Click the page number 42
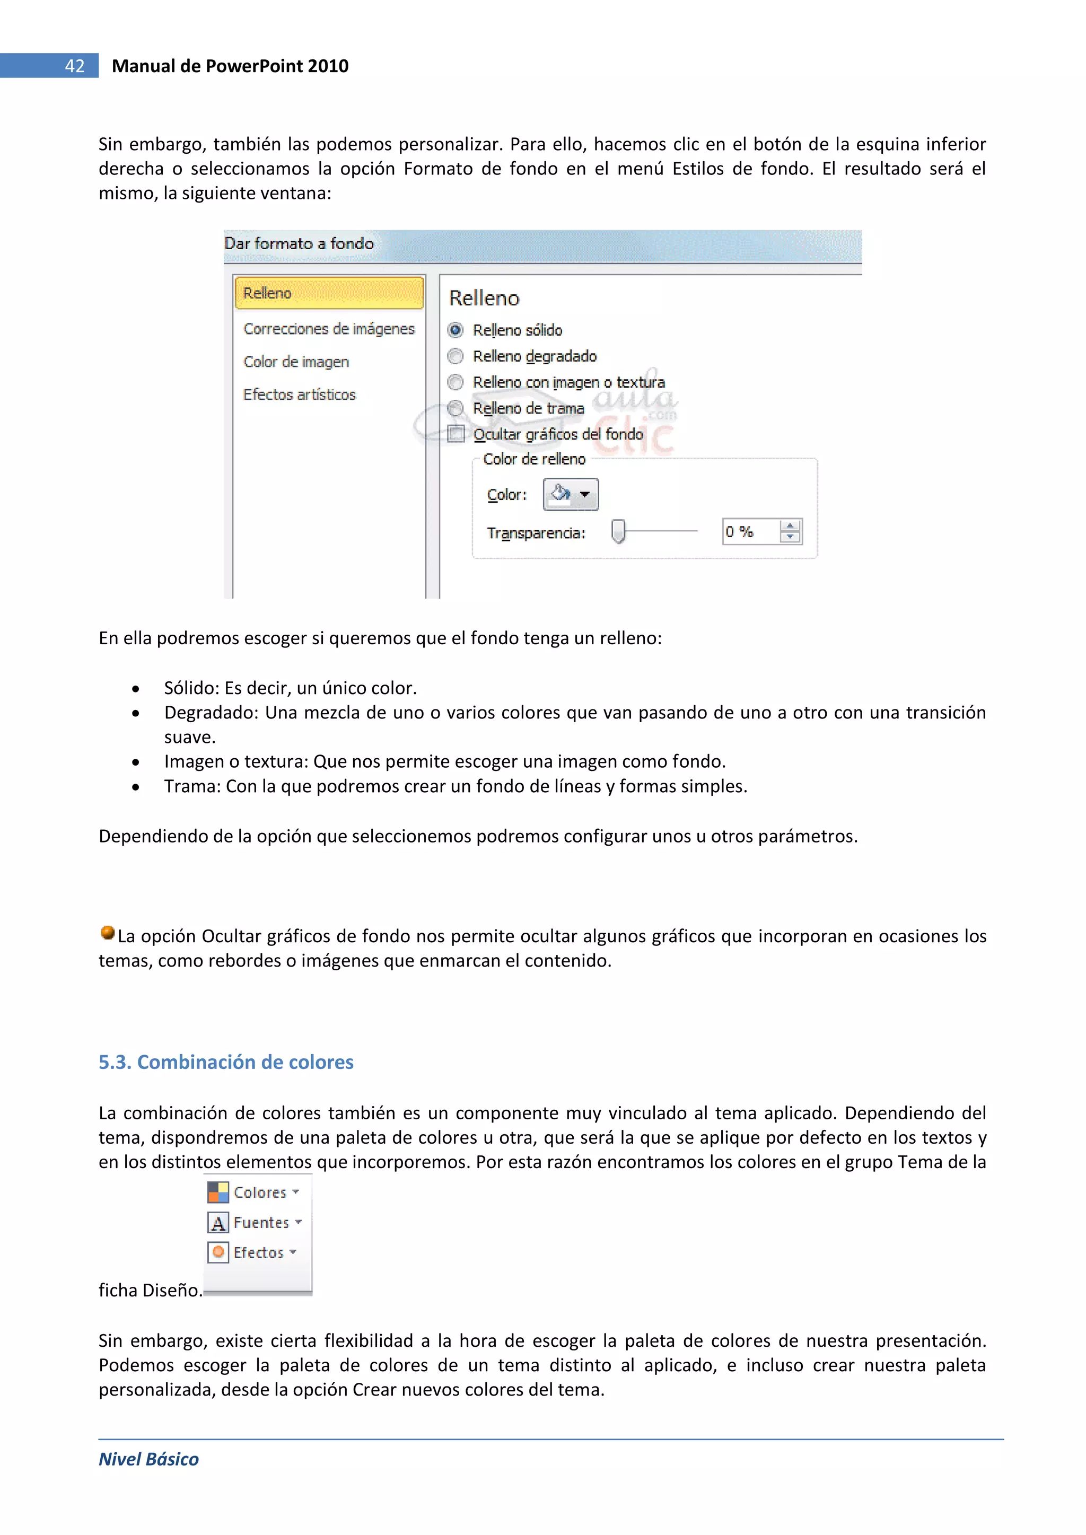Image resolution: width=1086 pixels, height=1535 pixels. [74, 66]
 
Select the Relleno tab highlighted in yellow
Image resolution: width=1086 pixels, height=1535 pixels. [328, 293]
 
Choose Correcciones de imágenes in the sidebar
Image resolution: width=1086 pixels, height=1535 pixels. [328, 328]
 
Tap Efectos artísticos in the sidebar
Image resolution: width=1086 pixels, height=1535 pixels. [299, 394]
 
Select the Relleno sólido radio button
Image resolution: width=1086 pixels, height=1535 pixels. [456, 330]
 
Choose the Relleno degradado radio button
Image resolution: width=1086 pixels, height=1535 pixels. [456, 356]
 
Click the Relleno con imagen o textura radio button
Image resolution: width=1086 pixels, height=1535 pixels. [456, 382]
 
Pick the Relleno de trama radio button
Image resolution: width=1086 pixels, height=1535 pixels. [456, 408]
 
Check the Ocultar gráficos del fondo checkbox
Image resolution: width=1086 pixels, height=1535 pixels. [456, 434]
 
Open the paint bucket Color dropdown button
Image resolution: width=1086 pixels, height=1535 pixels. [571, 495]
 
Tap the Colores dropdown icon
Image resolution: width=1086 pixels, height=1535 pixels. [218, 1192]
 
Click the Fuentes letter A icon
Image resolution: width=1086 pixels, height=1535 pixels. [218, 1222]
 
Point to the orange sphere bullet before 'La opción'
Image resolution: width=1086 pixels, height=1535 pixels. [107, 932]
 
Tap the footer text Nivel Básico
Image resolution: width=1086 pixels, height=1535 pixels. [148, 1459]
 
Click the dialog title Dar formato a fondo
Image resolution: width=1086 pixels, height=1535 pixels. [299, 243]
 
